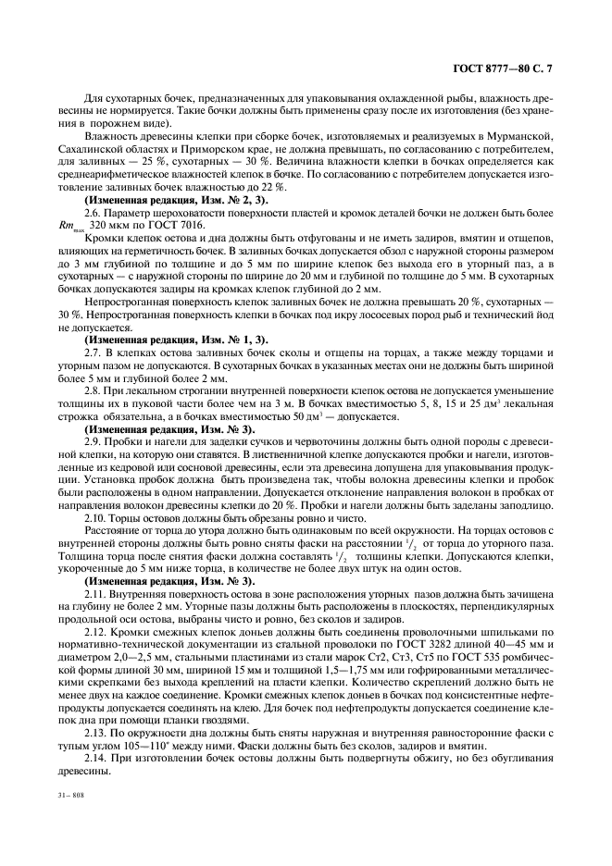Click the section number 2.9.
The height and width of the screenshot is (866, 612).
click(94, 443)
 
